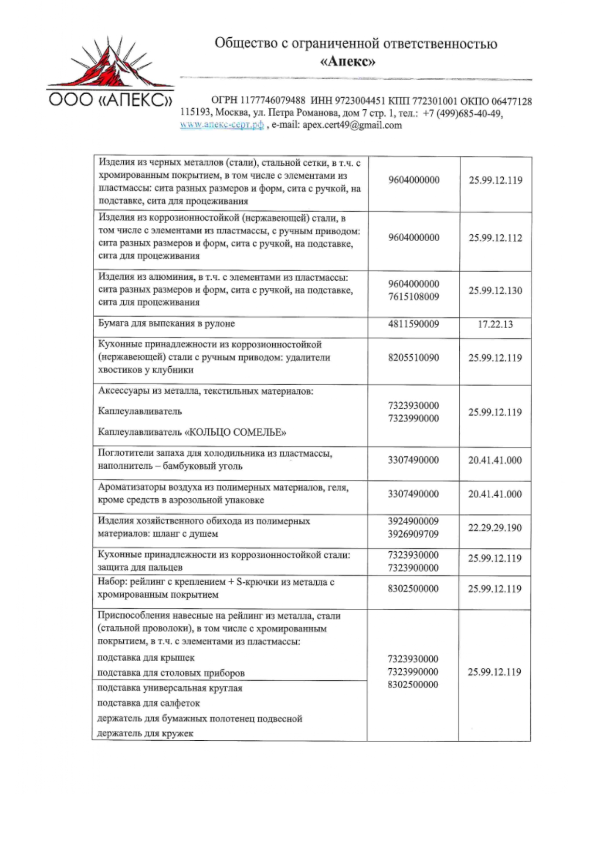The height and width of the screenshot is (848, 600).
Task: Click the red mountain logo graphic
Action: pyautogui.click(x=110, y=66)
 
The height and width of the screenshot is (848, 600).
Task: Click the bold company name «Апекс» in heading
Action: pyautogui.click(x=348, y=61)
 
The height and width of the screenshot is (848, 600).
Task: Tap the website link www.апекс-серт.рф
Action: pyautogui.click(x=222, y=125)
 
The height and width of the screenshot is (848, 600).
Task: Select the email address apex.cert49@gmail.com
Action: pyautogui.click(x=352, y=125)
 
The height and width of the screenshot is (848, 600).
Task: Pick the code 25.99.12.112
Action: pyautogui.click(x=495, y=238)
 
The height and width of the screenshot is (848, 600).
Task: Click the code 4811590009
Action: pyautogui.click(x=413, y=324)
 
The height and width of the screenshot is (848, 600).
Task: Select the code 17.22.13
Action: pyautogui.click(x=495, y=324)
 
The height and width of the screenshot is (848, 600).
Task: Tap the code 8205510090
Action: pyautogui.click(x=413, y=358)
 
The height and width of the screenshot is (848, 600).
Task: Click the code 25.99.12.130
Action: pyautogui.click(x=495, y=290)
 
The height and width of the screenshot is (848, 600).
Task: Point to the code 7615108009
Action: pyautogui.click(x=413, y=297)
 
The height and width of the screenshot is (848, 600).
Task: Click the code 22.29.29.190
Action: pyautogui.click(x=495, y=528)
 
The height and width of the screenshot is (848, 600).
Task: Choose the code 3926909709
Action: pyautogui.click(x=413, y=534)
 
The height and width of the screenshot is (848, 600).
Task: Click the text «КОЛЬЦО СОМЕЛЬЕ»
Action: pyautogui.click(x=235, y=432)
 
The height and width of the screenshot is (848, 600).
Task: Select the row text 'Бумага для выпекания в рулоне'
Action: pyautogui.click(x=166, y=324)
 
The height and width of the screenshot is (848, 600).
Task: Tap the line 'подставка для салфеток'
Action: pyautogui.click(x=148, y=703)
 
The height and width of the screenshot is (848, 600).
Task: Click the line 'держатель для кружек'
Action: pyautogui.click(x=145, y=733)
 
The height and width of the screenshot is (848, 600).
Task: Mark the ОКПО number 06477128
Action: pyautogui.click(x=512, y=101)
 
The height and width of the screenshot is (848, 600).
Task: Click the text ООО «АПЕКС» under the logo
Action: pyautogui.click(x=110, y=100)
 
